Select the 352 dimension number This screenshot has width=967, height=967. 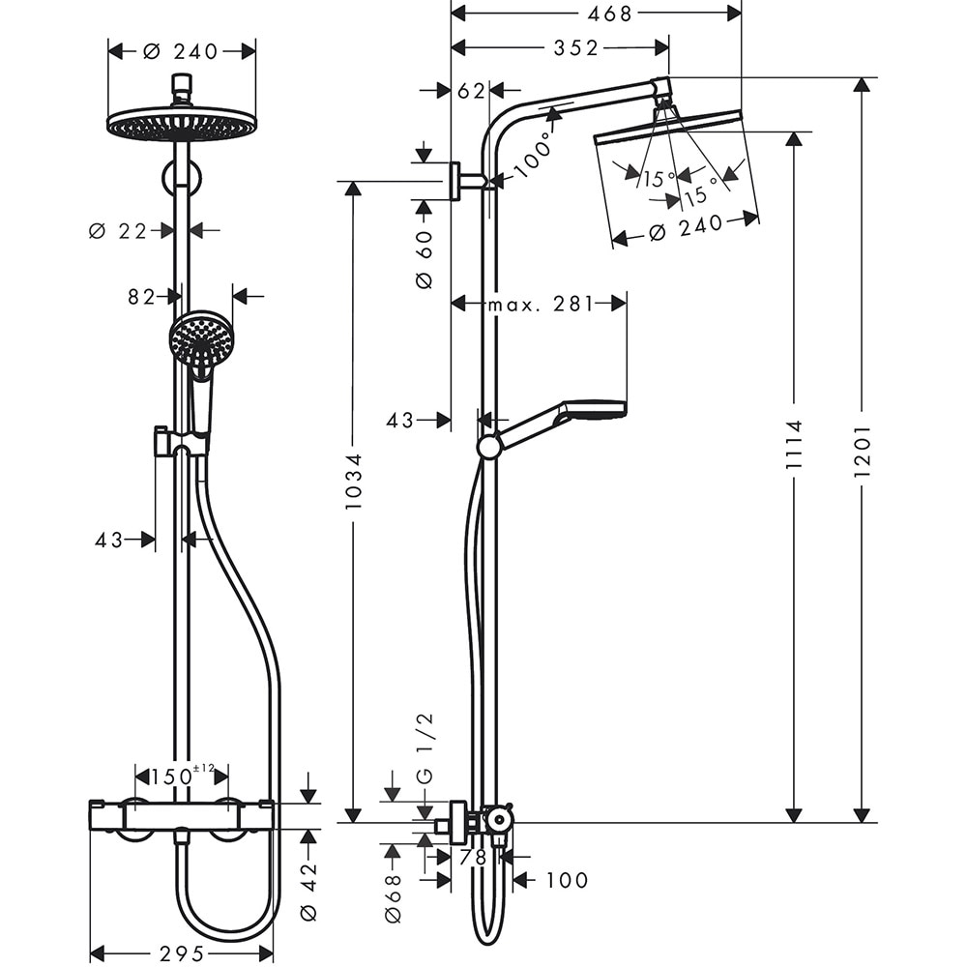pyautogui.click(x=576, y=48)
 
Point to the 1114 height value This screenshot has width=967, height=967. pyautogui.click(x=794, y=445)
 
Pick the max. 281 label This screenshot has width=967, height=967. pyautogui.click(x=539, y=305)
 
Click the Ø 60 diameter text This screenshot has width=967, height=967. pyautogui.click(x=424, y=257)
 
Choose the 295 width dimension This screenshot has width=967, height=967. pyautogui.click(x=180, y=953)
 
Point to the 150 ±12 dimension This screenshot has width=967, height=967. pyautogui.click(x=181, y=775)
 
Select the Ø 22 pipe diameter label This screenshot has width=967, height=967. pyautogui.click(x=118, y=230)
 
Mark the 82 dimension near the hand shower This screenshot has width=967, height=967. pyautogui.click(x=142, y=297)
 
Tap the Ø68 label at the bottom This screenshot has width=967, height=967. pyautogui.click(x=393, y=898)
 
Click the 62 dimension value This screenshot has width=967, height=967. pyautogui.click(x=471, y=91)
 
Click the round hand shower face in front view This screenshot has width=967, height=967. pyautogui.click(x=201, y=337)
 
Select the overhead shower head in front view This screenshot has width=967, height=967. pyautogui.click(x=181, y=125)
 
